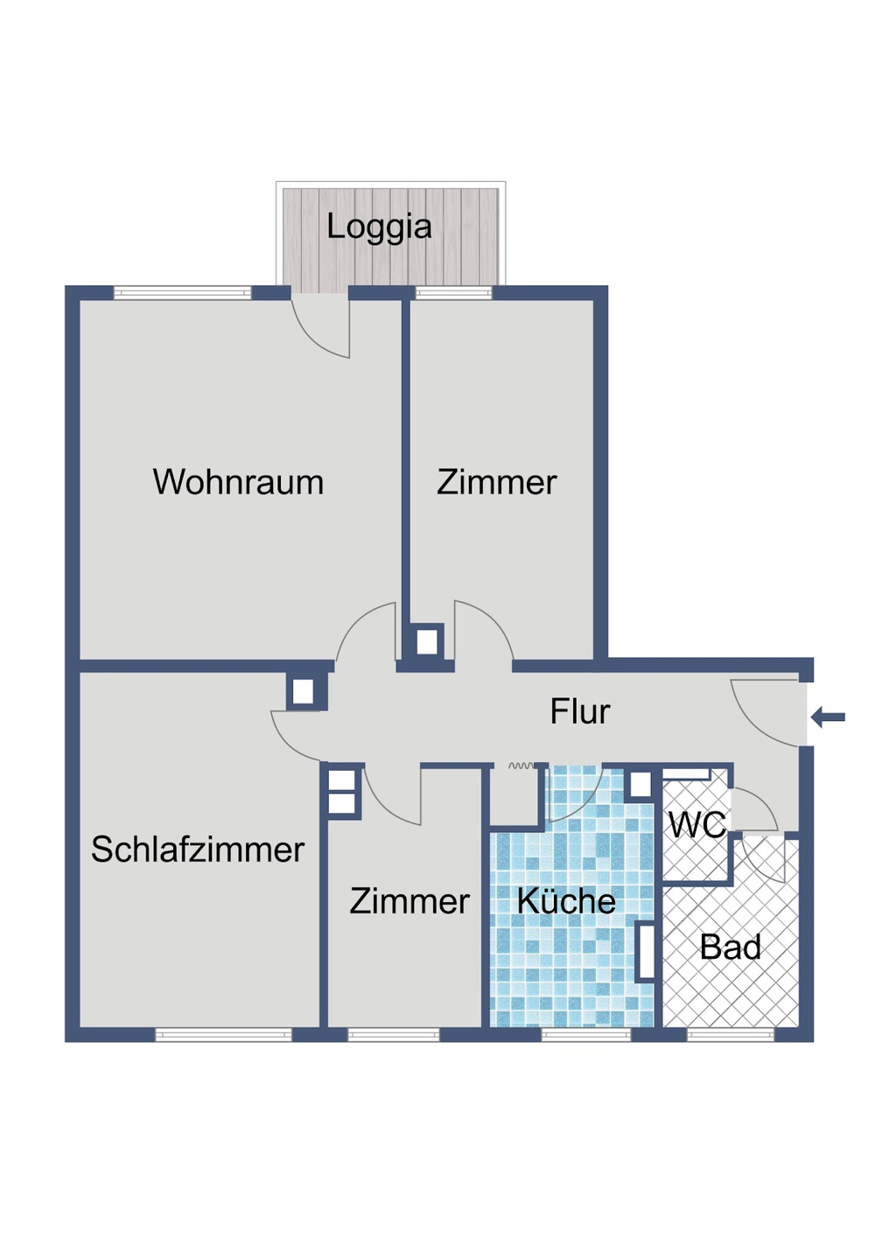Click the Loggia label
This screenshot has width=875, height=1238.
tap(379, 227)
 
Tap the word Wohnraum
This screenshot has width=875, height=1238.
tap(238, 482)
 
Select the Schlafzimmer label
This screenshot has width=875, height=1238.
tap(198, 850)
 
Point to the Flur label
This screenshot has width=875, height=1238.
tap(579, 711)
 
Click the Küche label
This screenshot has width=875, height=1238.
tap(566, 901)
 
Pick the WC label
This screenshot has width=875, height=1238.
tap(696, 824)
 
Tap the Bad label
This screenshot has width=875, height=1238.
tap(731, 947)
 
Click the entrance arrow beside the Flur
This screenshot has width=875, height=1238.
tap(828, 717)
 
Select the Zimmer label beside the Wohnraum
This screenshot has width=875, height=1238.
tap(496, 482)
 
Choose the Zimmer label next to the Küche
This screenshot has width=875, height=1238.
tap(409, 901)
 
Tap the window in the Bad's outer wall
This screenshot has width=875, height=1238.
tap(731, 1035)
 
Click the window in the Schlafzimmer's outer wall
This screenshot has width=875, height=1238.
tap(223, 1035)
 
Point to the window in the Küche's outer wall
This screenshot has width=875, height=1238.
tap(585, 1035)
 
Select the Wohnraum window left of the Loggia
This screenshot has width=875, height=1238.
tap(183, 293)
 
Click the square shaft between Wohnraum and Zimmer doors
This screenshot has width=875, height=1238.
tap(426, 642)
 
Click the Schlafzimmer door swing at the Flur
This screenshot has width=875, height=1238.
tap(297, 737)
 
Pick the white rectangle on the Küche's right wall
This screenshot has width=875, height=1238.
tap(646, 951)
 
